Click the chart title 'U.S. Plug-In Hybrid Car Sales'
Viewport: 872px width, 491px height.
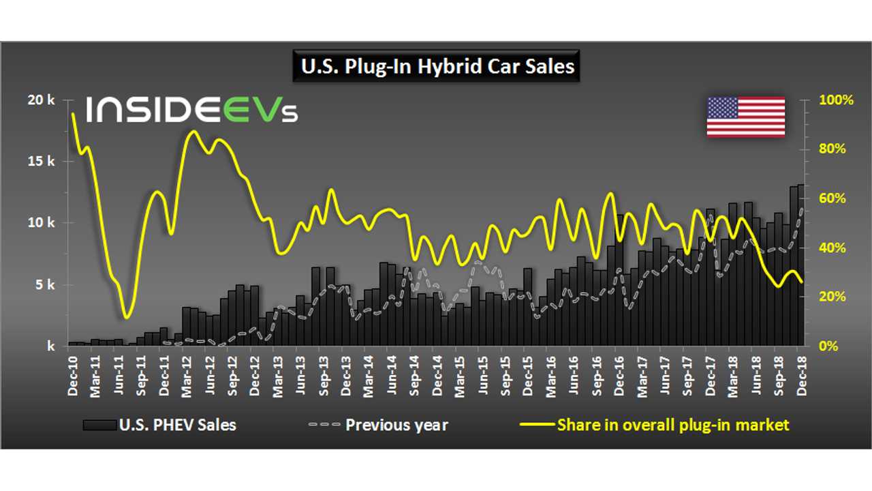point(436,67)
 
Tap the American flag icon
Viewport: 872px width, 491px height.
point(745,117)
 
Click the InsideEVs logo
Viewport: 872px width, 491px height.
point(191,110)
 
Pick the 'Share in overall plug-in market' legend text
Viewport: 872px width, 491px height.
point(672,425)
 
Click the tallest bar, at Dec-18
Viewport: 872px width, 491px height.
point(801,266)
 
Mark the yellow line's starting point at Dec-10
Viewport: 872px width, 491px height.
point(72,114)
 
